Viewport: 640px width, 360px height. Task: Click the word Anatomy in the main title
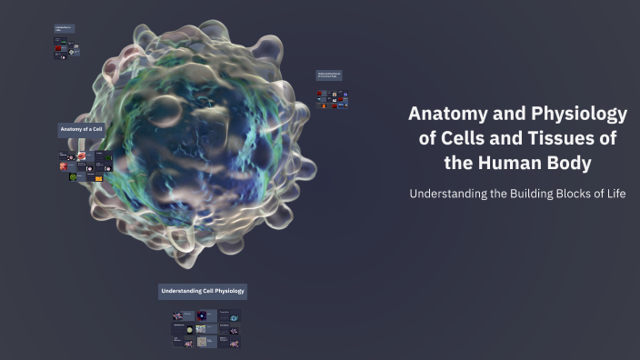pos(445,115)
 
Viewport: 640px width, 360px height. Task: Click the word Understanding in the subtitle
pos(452,194)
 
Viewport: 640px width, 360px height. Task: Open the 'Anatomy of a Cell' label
pos(82,130)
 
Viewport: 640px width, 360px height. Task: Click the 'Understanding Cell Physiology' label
pos(203,291)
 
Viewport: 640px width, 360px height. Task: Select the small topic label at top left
pos(64,30)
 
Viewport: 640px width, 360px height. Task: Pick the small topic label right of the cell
pos(328,75)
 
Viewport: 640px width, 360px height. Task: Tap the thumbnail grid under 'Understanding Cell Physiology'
pos(206,329)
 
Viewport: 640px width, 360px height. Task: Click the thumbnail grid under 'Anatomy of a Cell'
pos(81,166)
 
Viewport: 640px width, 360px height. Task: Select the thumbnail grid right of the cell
pos(332,99)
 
